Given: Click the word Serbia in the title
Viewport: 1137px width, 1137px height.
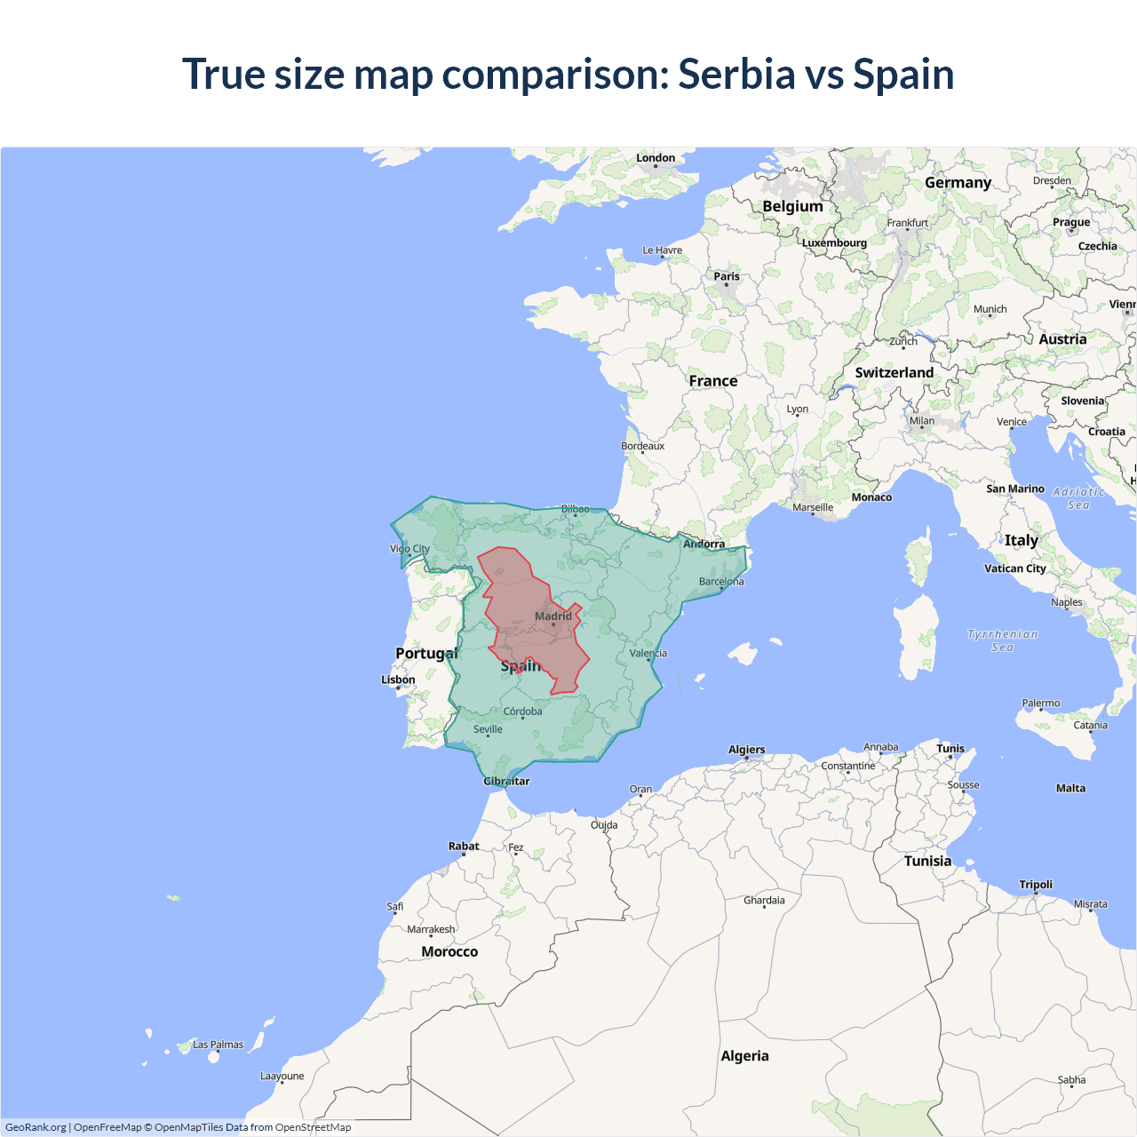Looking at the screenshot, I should pyautogui.click(x=736, y=74).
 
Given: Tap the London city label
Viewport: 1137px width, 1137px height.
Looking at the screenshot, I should pyautogui.click(x=656, y=158).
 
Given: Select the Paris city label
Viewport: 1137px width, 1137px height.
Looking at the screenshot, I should pyautogui.click(x=727, y=276).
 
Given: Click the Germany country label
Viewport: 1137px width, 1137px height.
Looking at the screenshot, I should pyautogui.click(x=958, y=183).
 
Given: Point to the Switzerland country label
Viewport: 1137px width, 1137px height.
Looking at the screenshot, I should pyautogui.click(x=894, y=373).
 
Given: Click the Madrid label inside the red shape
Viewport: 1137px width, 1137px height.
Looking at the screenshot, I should pyautogui.click(x=553, y=616).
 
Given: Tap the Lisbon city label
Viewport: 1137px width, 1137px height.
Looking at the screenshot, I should pyautogui.click(x=398, y=680).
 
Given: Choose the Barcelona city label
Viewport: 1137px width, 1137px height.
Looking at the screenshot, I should pyautogui.click(x=721, y=582).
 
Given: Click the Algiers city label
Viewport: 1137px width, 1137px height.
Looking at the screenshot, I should pyautogui.click(x=746, y=750).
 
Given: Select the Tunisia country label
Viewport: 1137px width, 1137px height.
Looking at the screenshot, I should pyautogui.click(x=927, y=861).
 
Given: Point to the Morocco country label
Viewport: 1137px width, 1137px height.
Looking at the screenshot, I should pyautogui.click(x=449, y=951).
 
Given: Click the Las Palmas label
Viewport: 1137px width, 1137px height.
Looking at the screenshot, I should pyautogui.click(x=218, y=1045).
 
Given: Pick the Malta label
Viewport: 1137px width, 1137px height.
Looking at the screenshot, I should pyautogui.click(x=1070, y=788).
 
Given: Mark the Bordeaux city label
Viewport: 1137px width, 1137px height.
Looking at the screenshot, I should pyautogui.click(x=642, y=446).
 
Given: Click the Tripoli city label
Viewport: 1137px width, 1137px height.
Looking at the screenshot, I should pyautogui.click(x=1036, y=885).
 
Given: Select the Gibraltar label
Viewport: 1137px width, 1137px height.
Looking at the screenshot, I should pyautogui.click(x=506, y=782).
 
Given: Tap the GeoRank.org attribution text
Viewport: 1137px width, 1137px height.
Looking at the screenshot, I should pyautogui.click(x=36, y=1127).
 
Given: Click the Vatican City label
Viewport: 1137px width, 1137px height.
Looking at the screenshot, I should pyautogui.click(x=1014, y=568).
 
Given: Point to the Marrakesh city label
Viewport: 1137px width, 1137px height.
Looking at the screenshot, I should pyautogui.click(x=431, y=929).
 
